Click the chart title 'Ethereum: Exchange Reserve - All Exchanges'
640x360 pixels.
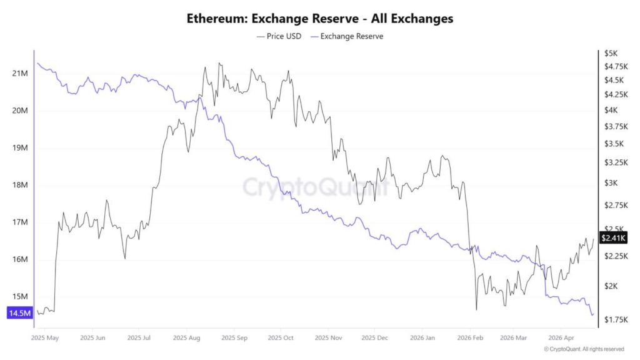319,19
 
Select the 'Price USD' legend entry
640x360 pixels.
279,36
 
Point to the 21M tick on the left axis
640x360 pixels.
20,74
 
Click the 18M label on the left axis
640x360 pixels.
20,185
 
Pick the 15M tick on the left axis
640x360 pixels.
20,297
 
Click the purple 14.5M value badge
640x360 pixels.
19,313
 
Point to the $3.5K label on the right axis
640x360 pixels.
612,143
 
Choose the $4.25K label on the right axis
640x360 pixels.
614,94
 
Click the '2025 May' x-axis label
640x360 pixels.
44,337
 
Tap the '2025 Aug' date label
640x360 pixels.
186,337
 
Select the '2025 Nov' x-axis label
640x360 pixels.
328,337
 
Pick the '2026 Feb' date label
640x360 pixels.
468,337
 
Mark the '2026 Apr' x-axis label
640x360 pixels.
561,337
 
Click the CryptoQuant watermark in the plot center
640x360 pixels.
315,186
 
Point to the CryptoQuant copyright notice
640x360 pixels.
584,349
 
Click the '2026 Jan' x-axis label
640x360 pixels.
421,337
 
